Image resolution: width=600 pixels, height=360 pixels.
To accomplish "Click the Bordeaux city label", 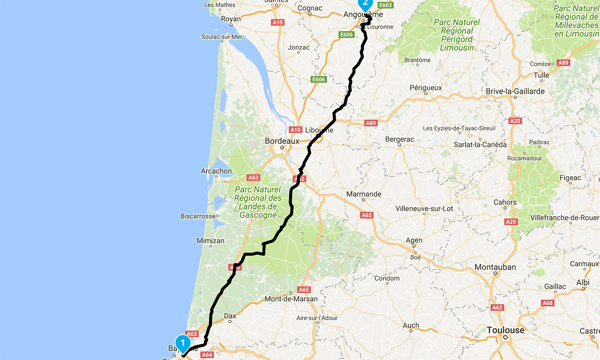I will pyautogui.click(x=282, y=141).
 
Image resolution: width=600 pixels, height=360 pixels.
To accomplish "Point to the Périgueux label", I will pyautogui.click(x=426, y=88).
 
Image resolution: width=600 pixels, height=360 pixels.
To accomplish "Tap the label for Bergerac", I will pyautogui.click(x=399, y=139).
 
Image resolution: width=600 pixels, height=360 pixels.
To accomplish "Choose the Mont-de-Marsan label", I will pyautogui.click(x=291, y=299).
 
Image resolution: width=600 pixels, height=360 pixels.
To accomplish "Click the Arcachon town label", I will pyautogui.click(x=216, y=171).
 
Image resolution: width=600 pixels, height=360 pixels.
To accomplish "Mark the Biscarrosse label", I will pyautogui.click(x=198, y=216).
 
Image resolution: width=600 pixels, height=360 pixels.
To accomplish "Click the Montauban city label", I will pyautogui.click(x=495, y=267).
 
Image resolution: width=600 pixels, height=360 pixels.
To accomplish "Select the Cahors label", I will pyautogui.click(x=505, y=202).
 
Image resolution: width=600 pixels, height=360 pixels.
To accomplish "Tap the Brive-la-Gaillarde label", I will pyautogui.click(x=515, y=91).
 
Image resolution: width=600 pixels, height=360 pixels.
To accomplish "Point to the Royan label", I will pyautogui.click(x=230, y=19).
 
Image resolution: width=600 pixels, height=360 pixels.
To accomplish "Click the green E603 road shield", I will pyautogui.click(x=386, y=5).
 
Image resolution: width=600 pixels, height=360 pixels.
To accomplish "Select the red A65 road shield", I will pyautogui.click(x=304, y=290).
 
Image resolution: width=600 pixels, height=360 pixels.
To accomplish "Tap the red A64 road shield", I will pyautogui.click(x=207, y=355).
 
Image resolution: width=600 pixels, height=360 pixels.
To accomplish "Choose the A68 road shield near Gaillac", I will pyautogui.click(x=547, y=303).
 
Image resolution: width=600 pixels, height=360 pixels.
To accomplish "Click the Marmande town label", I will pyautogui.click(x=363, y=194).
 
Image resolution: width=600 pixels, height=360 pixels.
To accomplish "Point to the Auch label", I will pyautogui.click(x=411, y=325).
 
